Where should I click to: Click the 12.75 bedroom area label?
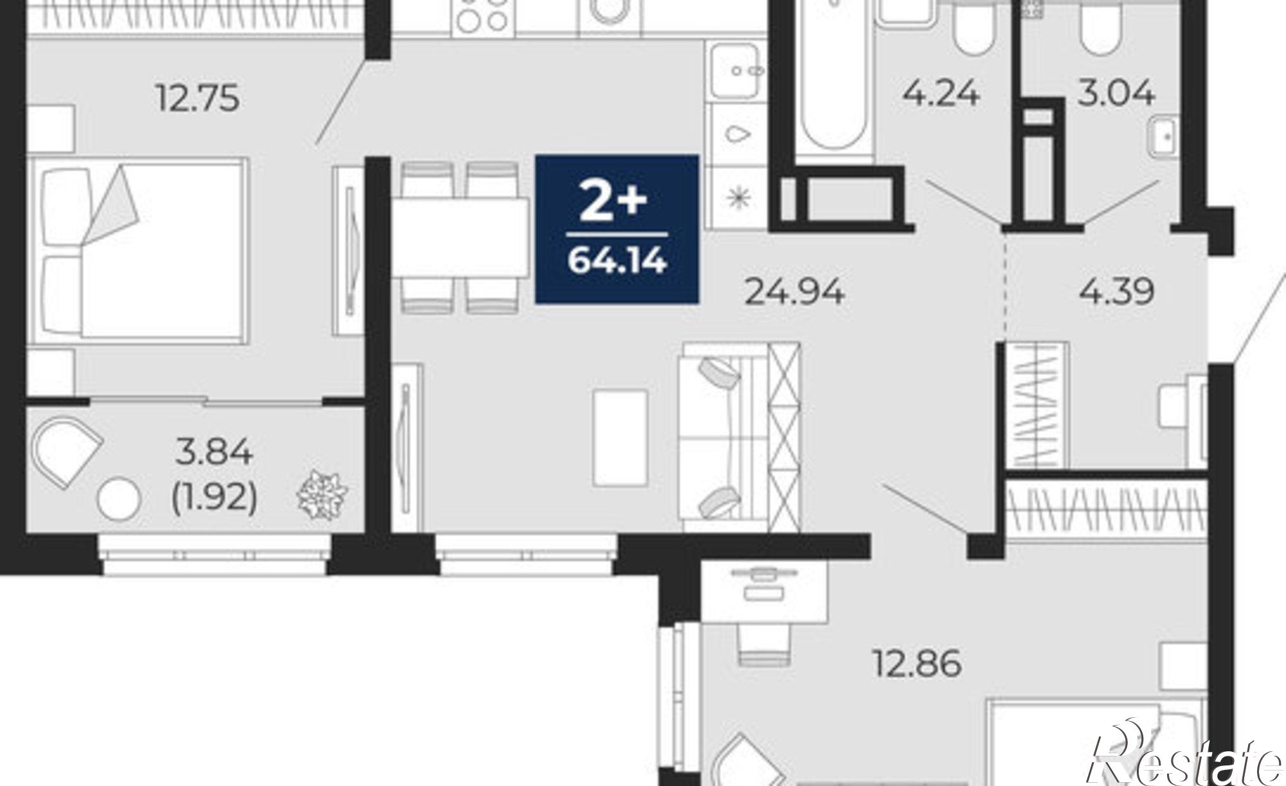coord(198,100)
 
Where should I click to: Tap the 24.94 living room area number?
coord(794,292)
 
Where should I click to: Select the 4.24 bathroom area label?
coord(941,94)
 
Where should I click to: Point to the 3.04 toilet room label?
coord(1116,94)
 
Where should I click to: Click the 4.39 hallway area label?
coord(1117,291)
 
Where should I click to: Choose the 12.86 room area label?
coord(917,663)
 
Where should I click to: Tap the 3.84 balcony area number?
coord(215,453)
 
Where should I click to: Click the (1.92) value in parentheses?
coord(215,497)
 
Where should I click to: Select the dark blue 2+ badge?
coord(617,229)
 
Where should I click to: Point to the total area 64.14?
coord(617,262)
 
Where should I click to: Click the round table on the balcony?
coord(118,498)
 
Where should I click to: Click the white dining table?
coord(461,237)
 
